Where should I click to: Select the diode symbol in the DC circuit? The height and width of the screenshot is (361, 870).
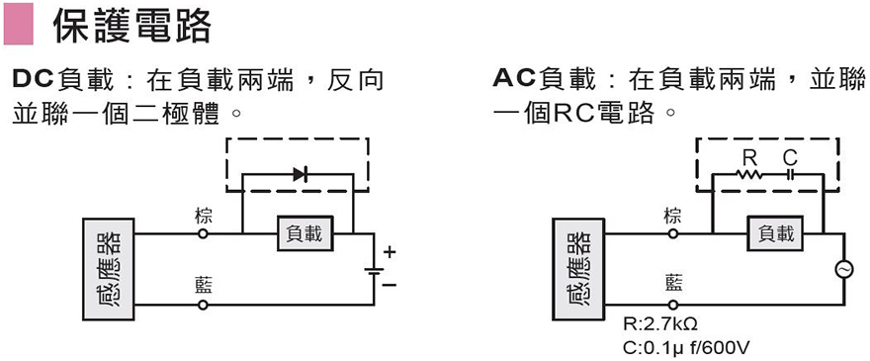tap(301, 174)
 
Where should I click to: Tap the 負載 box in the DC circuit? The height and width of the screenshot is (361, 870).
tap(304, 234)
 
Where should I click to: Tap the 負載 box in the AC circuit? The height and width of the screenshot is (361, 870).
tap(775, 234)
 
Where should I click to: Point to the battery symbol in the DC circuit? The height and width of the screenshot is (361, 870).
tap(373, 269)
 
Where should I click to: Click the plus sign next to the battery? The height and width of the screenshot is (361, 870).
tap(389, 253)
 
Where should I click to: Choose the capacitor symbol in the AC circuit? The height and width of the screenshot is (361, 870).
tap(790, 174)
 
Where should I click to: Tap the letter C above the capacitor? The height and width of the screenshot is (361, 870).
tap(790, 157)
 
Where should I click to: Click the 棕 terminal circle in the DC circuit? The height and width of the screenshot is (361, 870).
tap(204, 234)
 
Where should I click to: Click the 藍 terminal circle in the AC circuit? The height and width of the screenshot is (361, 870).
tap(674, 305)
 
